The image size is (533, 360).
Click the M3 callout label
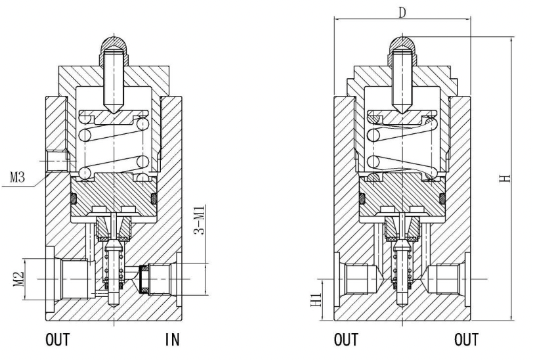[17, 177]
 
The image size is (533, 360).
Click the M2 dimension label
[19, 279]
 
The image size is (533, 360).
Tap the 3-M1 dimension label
[200, 220]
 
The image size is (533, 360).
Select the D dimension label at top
[402, 13]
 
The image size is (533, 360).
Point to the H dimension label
[505, 178]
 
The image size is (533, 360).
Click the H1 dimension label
[316, 300]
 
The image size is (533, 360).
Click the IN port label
[173, 340]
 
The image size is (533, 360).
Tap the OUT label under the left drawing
[58, 340]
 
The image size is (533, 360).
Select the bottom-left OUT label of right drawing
[347, 340]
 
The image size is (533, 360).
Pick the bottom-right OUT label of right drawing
[466, 340]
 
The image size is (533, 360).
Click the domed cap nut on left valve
[114, 49]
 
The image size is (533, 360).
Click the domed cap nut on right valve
[402, 49]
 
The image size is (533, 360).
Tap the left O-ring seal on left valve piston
[73, 198]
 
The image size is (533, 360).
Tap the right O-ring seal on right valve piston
[442, 198]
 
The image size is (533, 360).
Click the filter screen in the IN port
[144, 279]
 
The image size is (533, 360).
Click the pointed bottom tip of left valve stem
[114, 307]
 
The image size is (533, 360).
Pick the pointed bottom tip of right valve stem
[402, 307]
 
